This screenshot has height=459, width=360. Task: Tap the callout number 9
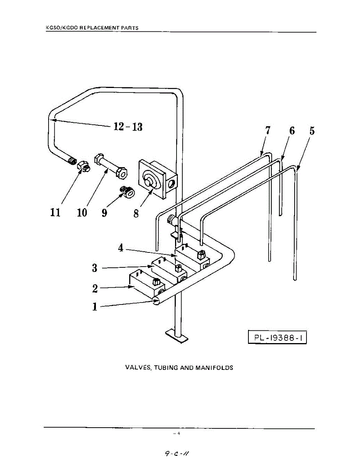coord(104,212)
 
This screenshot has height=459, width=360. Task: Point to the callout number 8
coord(136,213)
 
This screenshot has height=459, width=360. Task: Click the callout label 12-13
coord(128,126)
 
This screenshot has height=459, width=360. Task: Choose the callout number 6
coord(292,130)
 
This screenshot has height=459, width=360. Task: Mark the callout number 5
coord(312,130)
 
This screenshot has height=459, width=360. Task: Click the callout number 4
coord(121,248)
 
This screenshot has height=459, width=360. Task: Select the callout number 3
coord(94,268)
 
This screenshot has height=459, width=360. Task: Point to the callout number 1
coord(94,307)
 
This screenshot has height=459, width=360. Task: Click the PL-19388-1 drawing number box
coord(277,338)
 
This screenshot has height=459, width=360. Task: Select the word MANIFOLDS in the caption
coord(214,368)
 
